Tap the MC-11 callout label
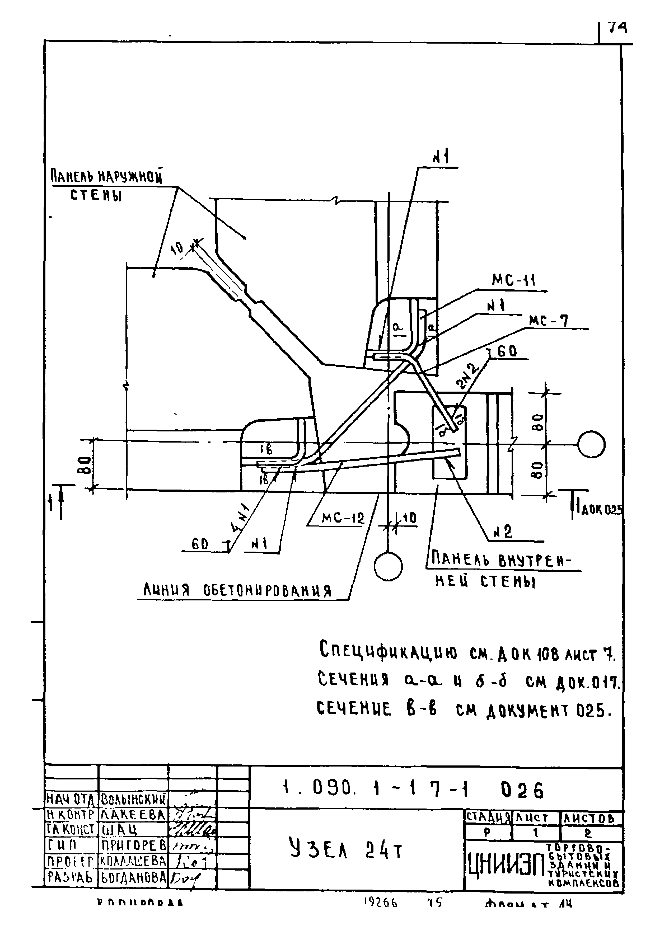[513, 280]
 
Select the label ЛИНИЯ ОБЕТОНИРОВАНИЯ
[238, 591]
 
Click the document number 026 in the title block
[522, 791]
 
